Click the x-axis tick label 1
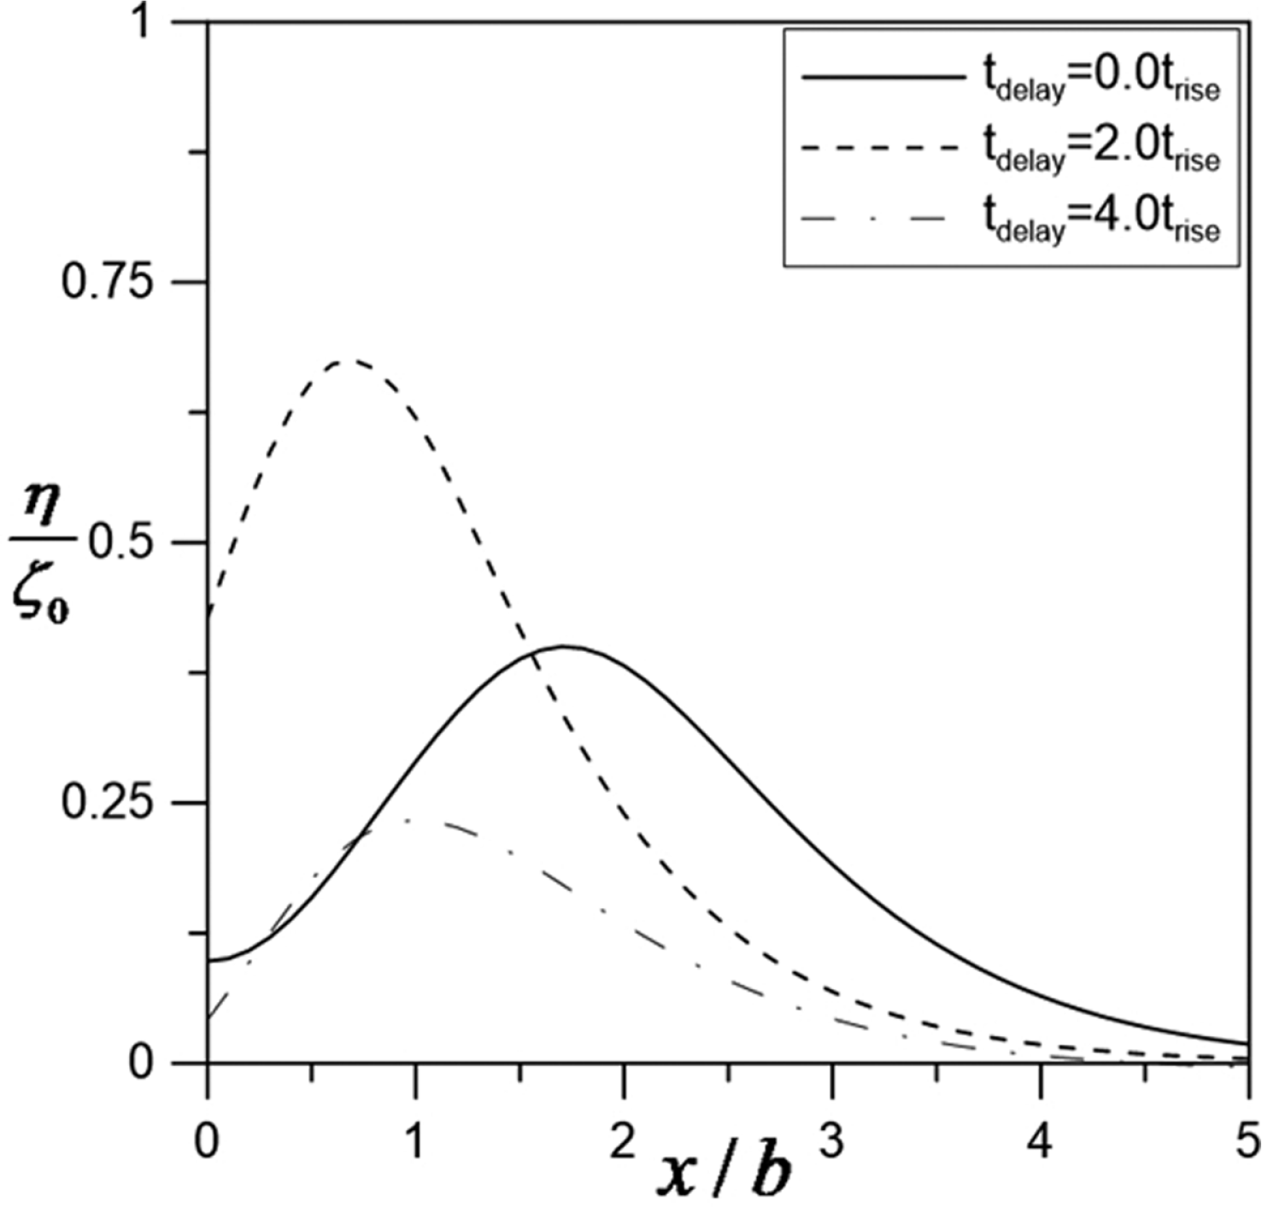415,1141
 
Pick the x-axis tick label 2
624,1141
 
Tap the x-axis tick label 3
832,1141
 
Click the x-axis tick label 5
1247,1141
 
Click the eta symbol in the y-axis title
42,511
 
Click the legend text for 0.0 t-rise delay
1100,82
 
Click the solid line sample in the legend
882,77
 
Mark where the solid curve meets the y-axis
208,961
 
